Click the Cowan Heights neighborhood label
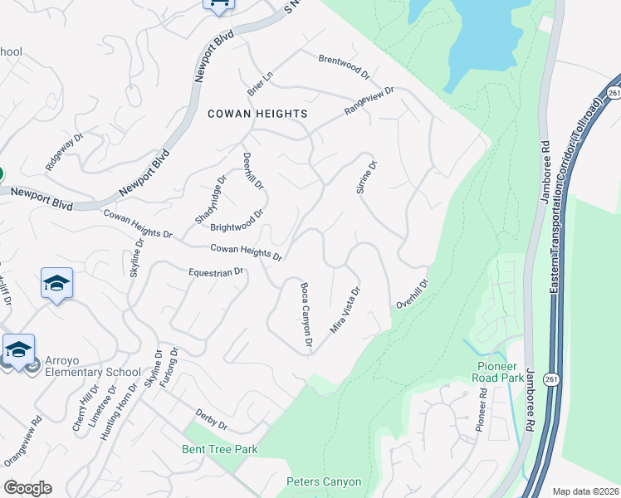tap(246, 113)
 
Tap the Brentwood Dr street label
tap(344, 66)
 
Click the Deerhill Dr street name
tap(252, 169)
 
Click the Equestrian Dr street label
tap(216, 271)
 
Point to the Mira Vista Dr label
tap(345, 310)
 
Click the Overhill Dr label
tap(412, 294)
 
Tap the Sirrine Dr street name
tap(367, 177)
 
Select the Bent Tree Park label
tap(220, 449)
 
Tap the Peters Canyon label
tap(324, 481)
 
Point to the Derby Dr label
tap(211, 420)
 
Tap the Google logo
tap(27, 488)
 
